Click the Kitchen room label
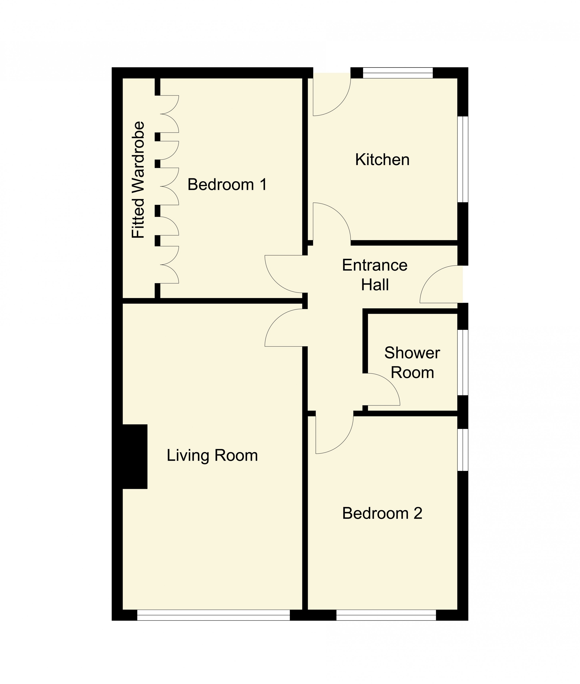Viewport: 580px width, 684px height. click(382, 160)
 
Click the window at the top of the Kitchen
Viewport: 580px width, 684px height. click(398, 73)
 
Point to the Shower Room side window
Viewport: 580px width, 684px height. click(463, 362)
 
